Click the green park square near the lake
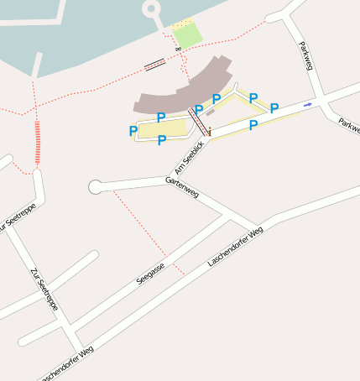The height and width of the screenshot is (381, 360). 189,35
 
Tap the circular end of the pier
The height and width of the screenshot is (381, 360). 151,9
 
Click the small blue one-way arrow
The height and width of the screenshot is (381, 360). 308,104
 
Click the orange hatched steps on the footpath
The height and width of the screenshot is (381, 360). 37,144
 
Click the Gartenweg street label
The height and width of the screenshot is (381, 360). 182,187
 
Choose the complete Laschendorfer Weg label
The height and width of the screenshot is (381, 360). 235,247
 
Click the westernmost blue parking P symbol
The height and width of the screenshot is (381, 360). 133,131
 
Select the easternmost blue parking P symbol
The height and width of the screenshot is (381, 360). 274,108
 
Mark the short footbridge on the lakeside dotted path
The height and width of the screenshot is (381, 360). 154,64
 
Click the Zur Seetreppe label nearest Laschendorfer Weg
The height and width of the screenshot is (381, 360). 43,290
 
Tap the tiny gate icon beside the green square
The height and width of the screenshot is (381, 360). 178,50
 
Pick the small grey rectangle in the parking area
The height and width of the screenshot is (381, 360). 210,112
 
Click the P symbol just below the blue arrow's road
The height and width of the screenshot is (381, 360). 253,125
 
